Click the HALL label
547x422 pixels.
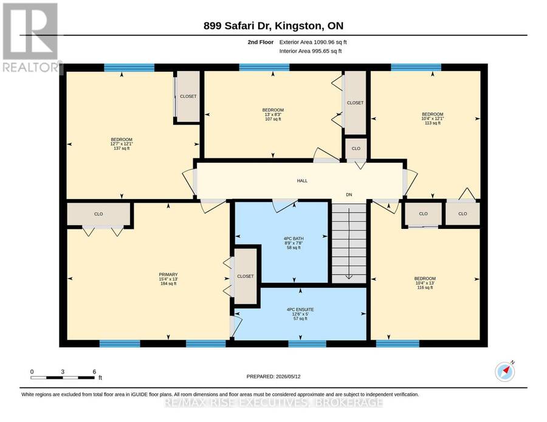[x=302, y=181]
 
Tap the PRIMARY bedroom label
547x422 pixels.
[x=168, y=274]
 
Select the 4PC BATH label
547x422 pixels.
[x=294, y=239]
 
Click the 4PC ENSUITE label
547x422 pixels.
[x=300, y=310]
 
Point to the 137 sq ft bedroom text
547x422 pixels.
[x=122, y=148]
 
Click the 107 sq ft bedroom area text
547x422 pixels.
[x=273, y=119]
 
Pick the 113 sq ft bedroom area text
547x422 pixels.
[x=433, y=123]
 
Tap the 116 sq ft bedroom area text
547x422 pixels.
[x=425, y=287]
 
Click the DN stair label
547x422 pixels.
[x=349, y=195]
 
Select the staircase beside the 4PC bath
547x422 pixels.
[x=349, y=243]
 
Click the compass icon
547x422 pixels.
[x=505, y=372]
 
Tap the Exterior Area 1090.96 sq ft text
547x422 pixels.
[x=313, y=42]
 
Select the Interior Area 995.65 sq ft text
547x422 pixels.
[x=311, y=51]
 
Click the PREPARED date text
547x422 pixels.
[x=273, y=376]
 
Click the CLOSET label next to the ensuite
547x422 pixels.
[x=246, y=276]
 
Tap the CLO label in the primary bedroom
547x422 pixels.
[x=98, y=214]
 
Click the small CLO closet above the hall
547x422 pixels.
[x=356, y=148]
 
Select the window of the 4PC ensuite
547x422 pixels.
[x=308, y=344]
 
